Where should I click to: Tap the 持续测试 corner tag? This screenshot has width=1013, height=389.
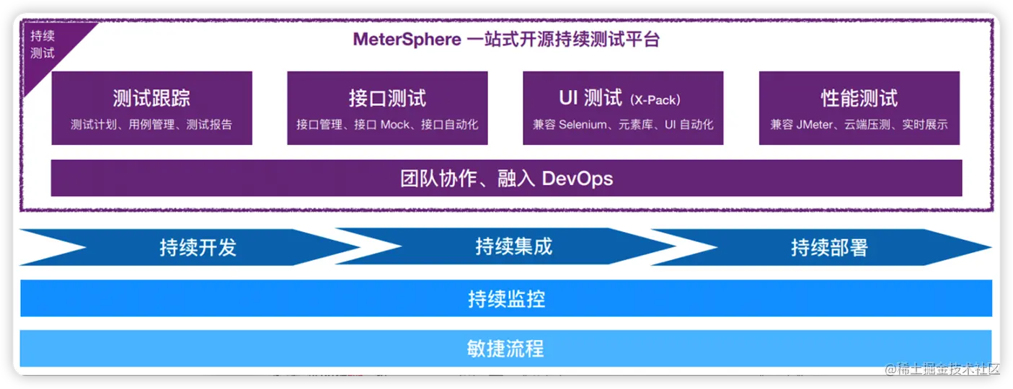point(43,45)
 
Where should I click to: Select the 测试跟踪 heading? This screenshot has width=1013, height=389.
point(151,98)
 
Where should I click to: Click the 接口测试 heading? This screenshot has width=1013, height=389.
point(387,98)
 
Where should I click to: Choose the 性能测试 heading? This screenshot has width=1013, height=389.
point(859,98)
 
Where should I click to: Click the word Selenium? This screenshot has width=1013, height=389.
point(583,125)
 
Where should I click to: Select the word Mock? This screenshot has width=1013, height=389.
point(394,125)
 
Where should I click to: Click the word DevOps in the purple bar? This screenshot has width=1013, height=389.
point(577,178)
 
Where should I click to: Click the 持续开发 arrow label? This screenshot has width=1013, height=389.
point(198,248)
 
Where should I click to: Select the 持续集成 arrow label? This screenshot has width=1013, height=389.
point(513,247)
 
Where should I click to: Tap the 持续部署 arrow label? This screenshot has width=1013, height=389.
point(829,248)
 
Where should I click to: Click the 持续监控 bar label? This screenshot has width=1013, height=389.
point(506,298)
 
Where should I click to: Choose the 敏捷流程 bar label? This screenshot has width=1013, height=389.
point(506,349)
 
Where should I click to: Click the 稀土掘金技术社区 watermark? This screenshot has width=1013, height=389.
point(944,370)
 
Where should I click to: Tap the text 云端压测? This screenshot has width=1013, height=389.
point(879,125)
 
